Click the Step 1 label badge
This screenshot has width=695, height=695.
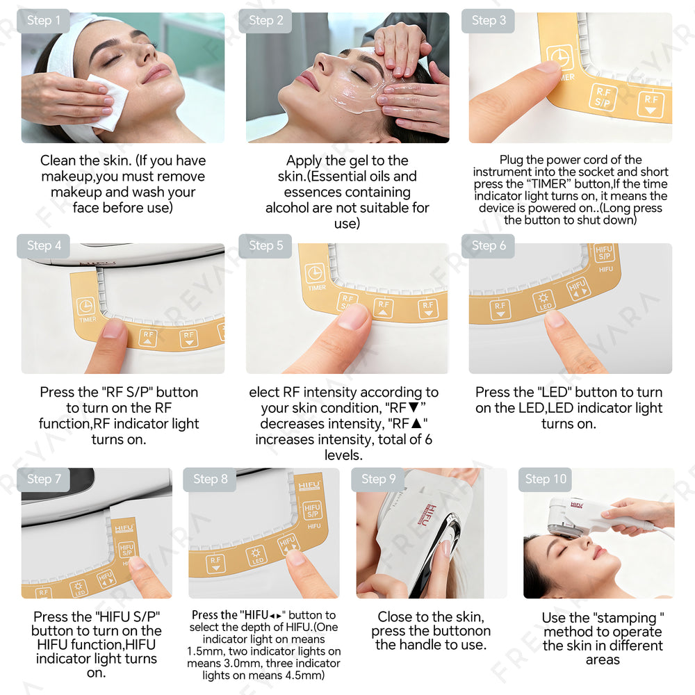pyautogui.click(x=43, y=20)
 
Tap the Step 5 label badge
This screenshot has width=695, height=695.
pyautogui.click(x=265, y=245)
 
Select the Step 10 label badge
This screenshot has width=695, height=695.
pyautogui.click(x=545, y=479)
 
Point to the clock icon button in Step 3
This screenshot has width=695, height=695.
pyautogui.click(x=560, y=58)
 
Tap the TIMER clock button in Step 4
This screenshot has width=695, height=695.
pyautogui.click(x=85, y=306)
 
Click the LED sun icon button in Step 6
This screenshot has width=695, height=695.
pyautogui.click(x=543, y=300)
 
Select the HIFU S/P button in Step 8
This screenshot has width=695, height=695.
pyautogui.click(x=313, y=511)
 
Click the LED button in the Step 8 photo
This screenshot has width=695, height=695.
pyautogui.click(x=256, y=556)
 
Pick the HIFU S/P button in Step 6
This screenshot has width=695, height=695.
pyautogui.click(x=604, y=253)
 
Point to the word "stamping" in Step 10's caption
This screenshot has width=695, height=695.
pyautogui.click(x=626, y=619)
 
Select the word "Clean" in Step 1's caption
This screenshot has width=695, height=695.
pyautogui.click(x=58, y=161)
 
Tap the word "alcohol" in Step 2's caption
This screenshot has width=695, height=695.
pyautogui.click(x=287, y=208)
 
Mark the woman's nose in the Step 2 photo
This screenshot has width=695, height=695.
pyautogui.click(x=322, y=63)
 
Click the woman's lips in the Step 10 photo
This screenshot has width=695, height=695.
pyautogui.click(x=599, y=553)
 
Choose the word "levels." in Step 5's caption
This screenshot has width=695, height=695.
pyautogui.click(x=343, y=455)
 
